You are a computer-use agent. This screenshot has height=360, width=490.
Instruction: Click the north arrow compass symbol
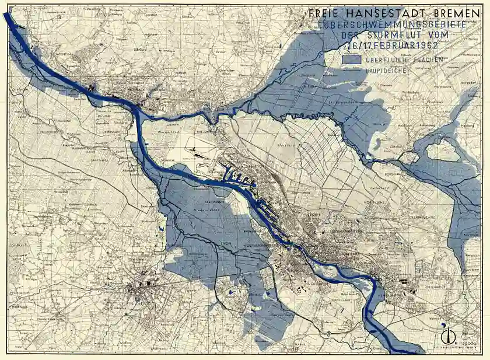point(449,337)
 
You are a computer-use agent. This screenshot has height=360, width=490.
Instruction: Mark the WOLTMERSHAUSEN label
point(258,246)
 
